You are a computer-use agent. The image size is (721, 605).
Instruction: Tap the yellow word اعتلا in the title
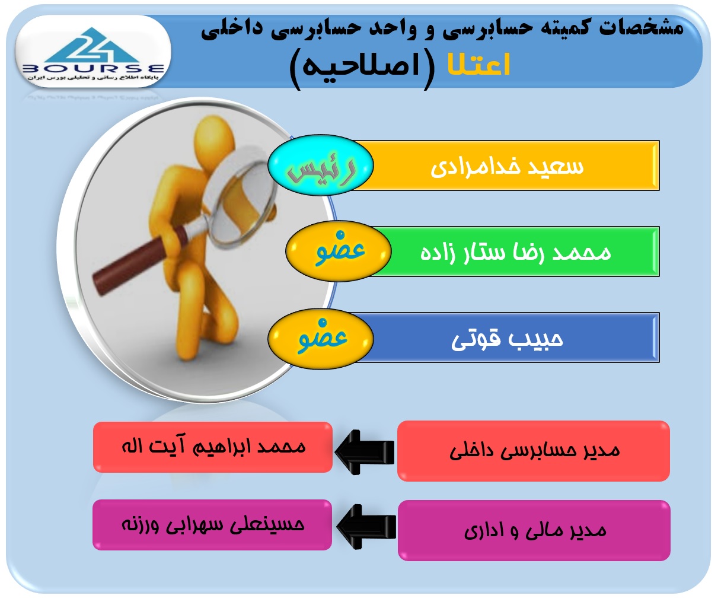point(478,65)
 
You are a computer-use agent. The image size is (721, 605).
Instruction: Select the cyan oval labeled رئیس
point(321,165)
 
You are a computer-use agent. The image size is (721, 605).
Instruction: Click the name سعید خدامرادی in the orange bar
point(507,167)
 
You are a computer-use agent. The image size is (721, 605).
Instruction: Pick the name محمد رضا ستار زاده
point(515,253)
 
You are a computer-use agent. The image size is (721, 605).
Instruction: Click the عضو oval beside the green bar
point(339,251)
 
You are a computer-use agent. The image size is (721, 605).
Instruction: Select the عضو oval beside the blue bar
point(321,339)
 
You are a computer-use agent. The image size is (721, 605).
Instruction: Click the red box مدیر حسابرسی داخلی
point(534,451)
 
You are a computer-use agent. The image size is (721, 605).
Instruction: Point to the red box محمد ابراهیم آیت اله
point(213,447)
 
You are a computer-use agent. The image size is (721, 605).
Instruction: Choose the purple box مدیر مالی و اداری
point(534,530)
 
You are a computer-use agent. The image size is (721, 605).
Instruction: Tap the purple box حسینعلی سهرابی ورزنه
point(212,525)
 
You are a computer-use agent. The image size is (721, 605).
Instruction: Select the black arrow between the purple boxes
point(366,527)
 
